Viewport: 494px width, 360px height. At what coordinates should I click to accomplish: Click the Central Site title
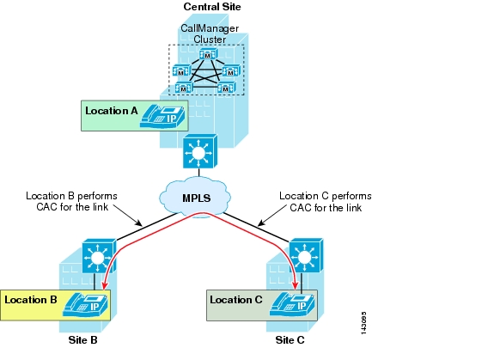[212, 7]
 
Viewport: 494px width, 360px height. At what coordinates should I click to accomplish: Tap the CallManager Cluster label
[210, 34]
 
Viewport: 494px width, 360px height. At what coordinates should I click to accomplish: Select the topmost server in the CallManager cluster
[208, 54]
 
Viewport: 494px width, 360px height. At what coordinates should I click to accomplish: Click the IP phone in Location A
[162, 116]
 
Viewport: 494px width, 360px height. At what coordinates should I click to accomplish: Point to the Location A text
[112, 111]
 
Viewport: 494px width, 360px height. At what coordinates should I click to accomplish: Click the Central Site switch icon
[200, 151]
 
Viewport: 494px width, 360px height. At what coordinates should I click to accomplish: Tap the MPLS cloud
[195, 197]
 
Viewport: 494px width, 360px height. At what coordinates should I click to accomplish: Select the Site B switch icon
[100, 256]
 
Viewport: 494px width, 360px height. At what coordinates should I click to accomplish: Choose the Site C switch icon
[306, 255]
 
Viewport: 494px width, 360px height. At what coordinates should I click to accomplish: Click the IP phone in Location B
[85, 304]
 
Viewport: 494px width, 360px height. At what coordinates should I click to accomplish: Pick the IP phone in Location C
[292, 304]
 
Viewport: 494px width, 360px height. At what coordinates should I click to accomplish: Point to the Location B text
[31, 300]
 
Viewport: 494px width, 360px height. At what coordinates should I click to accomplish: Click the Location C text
[236, 300]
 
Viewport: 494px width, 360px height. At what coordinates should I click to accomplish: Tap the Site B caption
[82, 340]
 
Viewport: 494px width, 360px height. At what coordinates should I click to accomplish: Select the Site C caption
[290, 340]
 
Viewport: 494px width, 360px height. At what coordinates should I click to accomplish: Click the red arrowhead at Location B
[105, 285]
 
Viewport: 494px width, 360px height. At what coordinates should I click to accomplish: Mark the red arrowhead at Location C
[296, 284]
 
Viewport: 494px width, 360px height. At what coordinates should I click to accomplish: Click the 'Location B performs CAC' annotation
[71, 201]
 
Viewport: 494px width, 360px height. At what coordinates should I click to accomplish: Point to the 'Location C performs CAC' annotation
[326, 202]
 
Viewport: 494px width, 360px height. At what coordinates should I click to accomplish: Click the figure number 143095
[363, 323]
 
